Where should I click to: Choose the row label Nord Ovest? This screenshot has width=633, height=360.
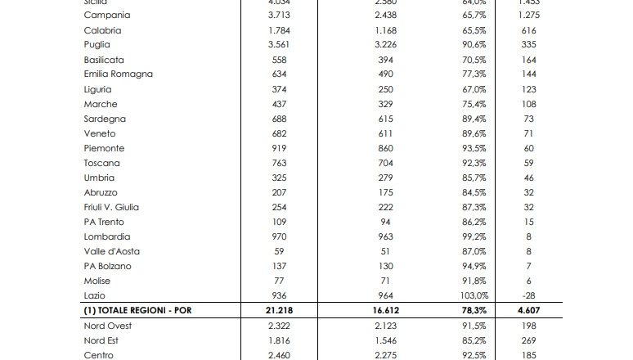click(x=107, y=326)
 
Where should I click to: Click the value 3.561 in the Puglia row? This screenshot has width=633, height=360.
click(x=280, y=45)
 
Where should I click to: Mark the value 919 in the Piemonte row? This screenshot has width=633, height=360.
click(x=280, y=148)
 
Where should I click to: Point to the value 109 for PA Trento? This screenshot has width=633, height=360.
click(x=280, y=222)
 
